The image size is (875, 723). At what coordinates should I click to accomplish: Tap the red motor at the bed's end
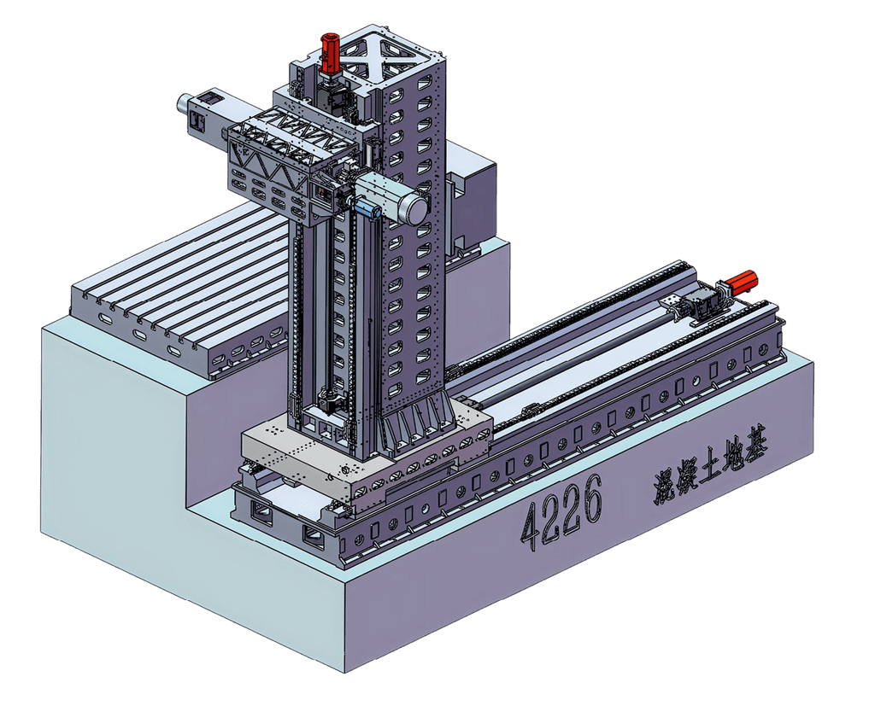tap(740, 283)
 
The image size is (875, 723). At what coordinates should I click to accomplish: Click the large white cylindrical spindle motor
tap(393, 197)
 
